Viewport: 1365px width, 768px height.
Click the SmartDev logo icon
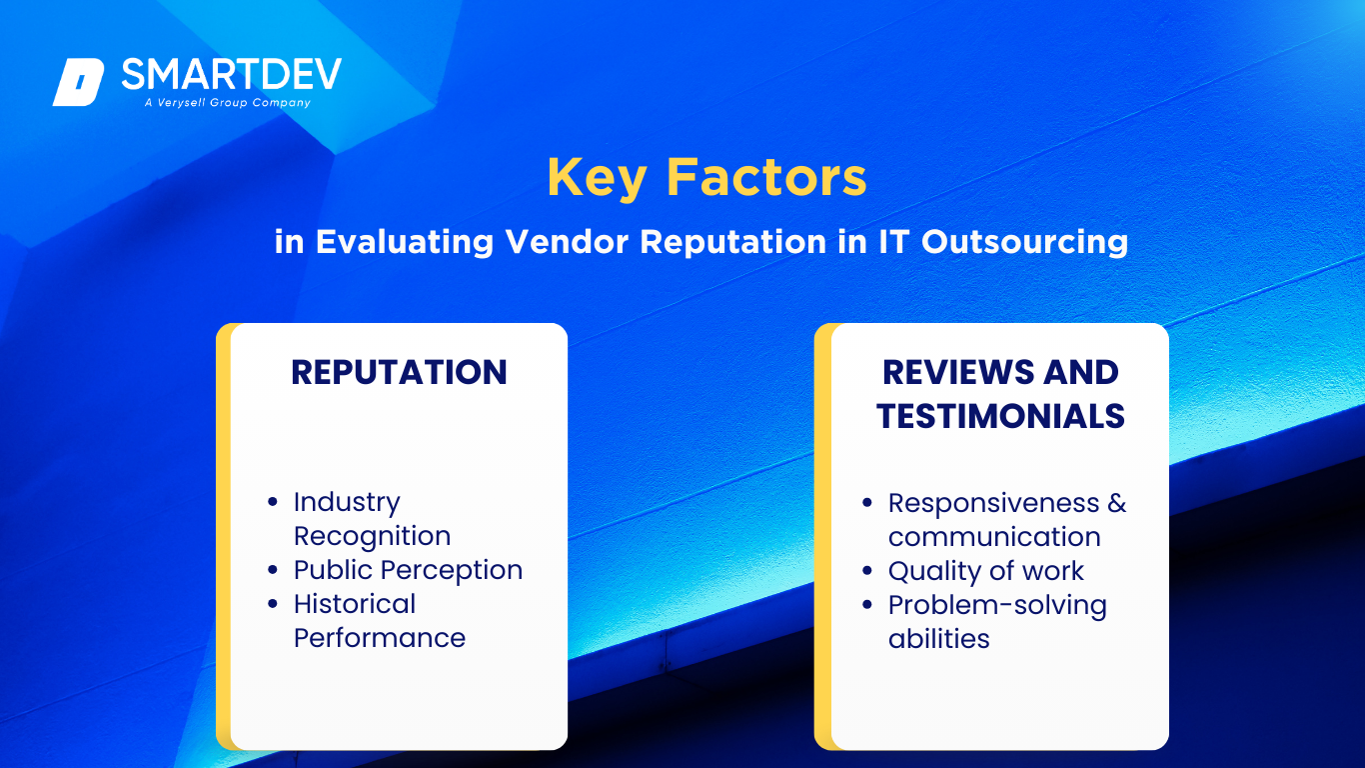click(79, 82)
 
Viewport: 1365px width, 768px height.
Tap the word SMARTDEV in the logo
click(232, 74)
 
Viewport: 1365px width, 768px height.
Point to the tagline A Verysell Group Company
click(227, 102)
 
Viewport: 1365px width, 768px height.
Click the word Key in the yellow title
click(596, 178)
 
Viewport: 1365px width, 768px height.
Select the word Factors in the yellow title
click(766, 177)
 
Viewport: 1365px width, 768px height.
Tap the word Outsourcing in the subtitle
click(1024, 242)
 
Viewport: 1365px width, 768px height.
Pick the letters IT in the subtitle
click(894, 241)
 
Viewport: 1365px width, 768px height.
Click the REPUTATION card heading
click(399, 372)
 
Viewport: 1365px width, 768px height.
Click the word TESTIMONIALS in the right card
click(1000, 417)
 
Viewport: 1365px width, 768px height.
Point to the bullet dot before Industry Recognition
click(273, 502)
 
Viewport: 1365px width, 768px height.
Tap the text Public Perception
click(408, 570)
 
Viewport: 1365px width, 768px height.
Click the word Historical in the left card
click(355, 604)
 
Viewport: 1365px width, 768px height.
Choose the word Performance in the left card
click(380, 638)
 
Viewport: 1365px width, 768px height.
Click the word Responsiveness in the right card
click(994, 503)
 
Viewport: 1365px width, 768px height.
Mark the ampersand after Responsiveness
click(1117, 503)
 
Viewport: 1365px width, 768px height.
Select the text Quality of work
click(986, 571)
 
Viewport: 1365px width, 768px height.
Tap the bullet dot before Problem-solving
click(867, 605)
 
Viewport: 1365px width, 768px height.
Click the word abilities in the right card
click(939, 639)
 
